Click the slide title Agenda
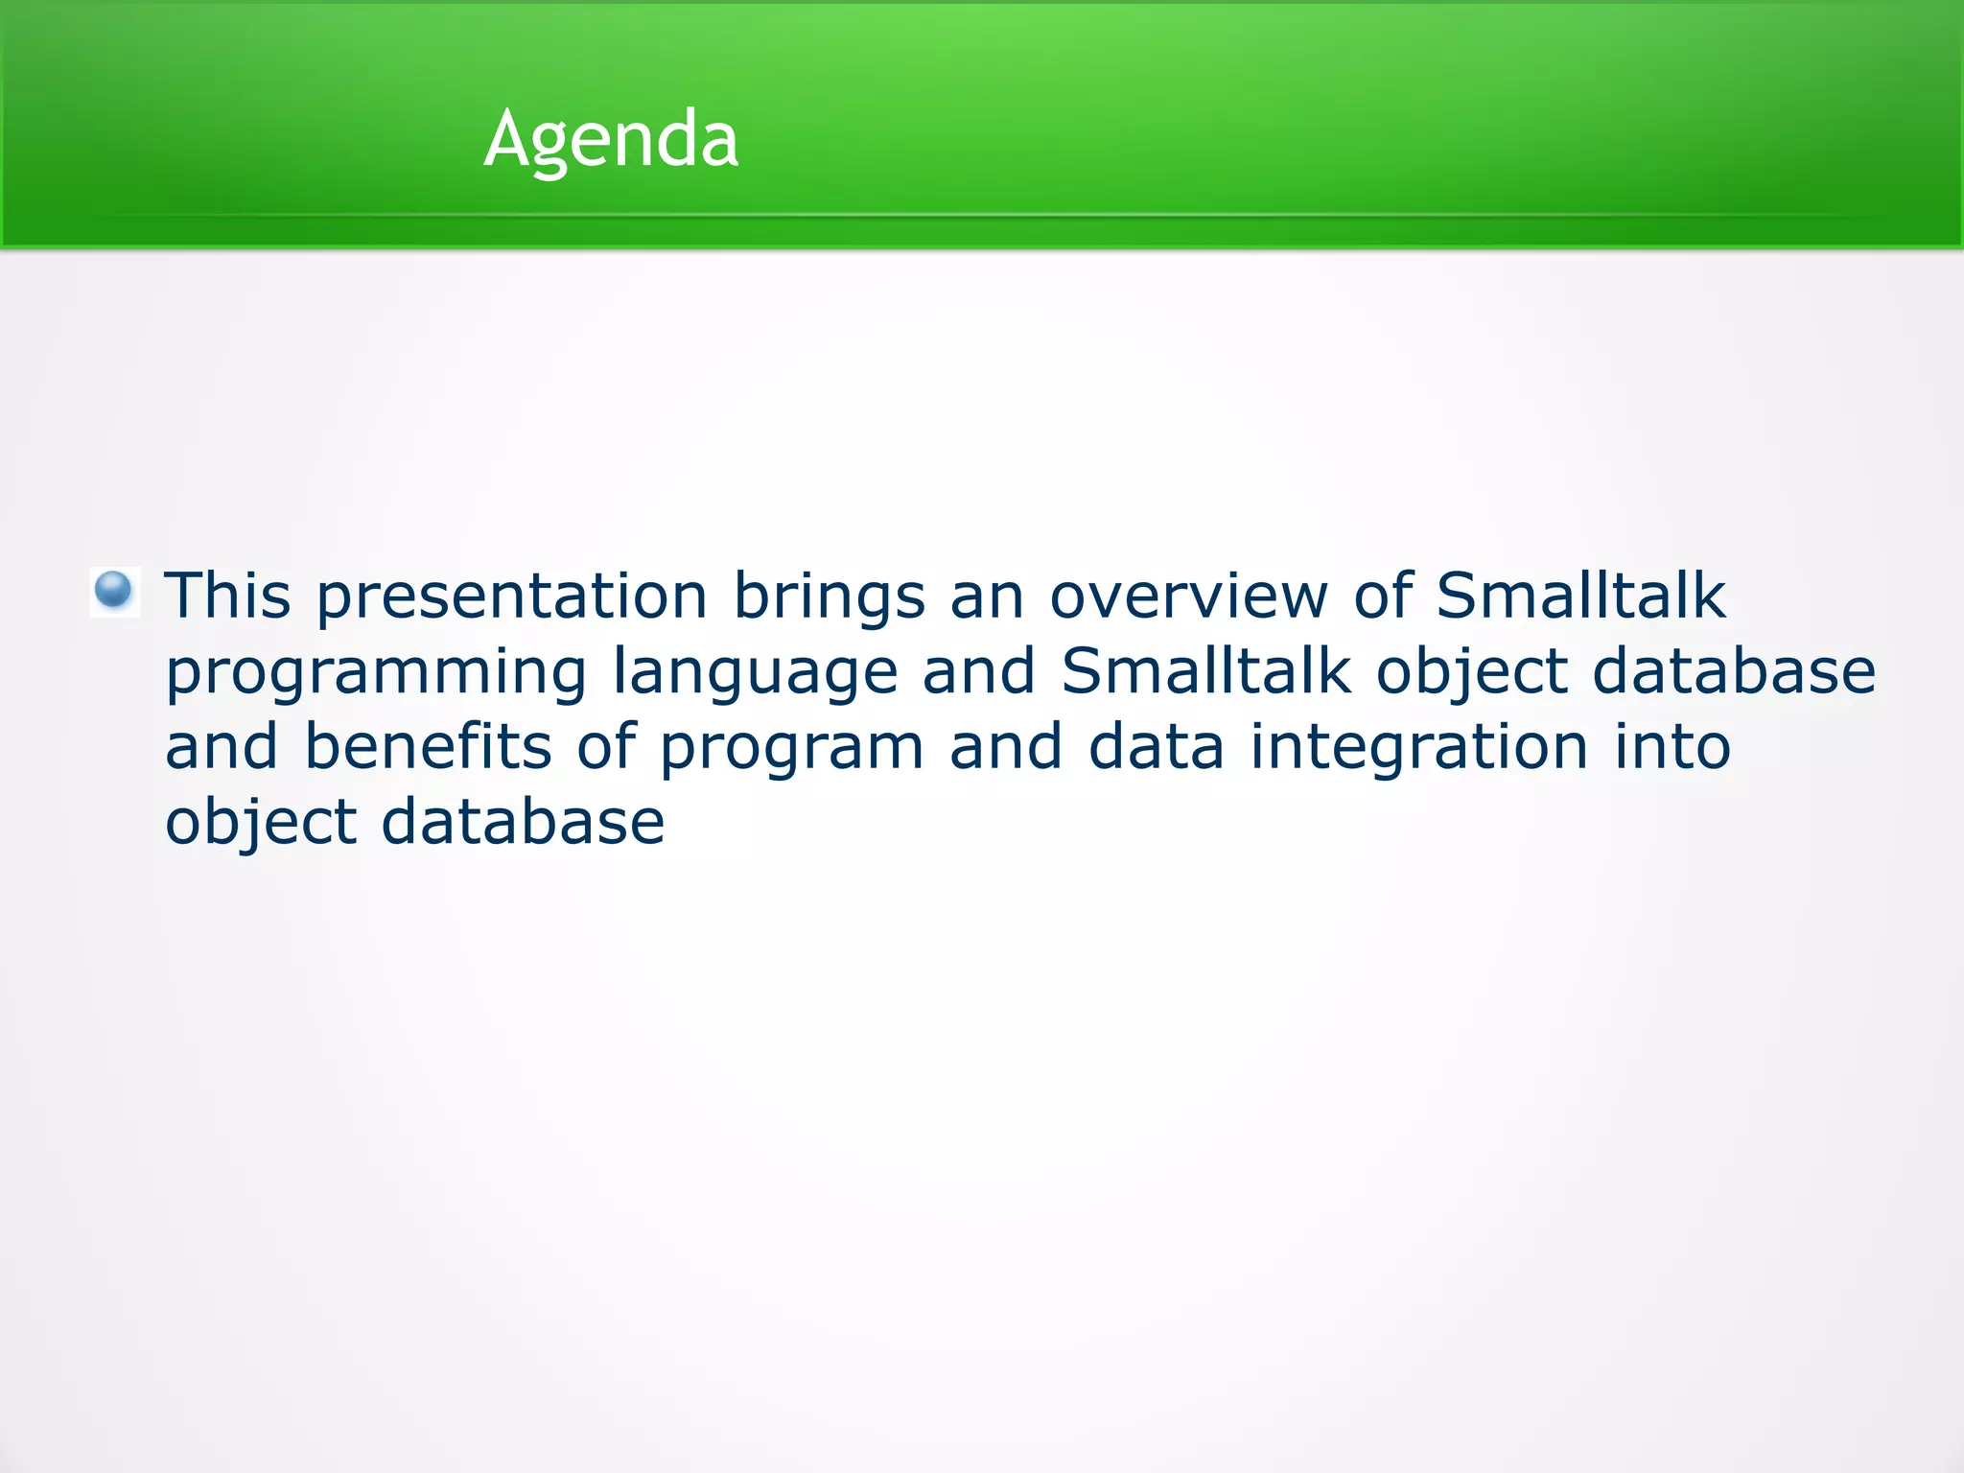(611, 140)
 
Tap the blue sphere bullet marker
(114, 590)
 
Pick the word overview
(1189, 596)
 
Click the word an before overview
(988, 602)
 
